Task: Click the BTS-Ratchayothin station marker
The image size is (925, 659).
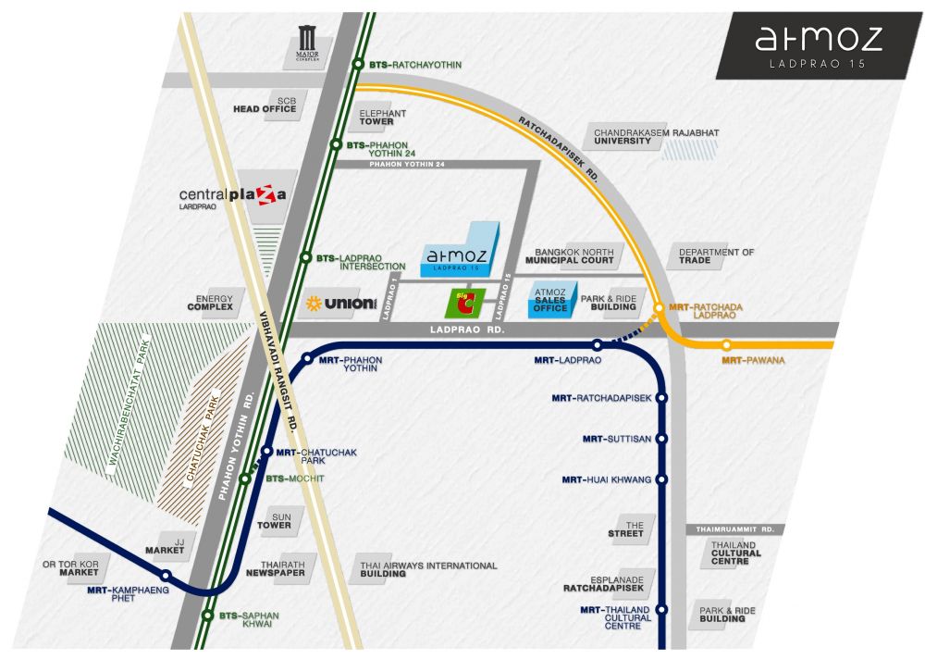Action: click(358, 64)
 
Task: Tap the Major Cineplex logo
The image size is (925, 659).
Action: click(307, 44)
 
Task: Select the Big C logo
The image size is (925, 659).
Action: click(465, 303)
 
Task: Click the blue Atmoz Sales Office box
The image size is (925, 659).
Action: click(551, 300)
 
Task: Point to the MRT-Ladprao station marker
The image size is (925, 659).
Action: click(598, 345)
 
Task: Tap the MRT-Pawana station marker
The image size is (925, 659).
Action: click(727, 345)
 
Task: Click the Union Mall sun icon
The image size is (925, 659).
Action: click(314, 304)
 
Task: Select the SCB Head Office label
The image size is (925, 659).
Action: click(265, 106)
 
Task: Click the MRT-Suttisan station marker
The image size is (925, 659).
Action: click(661, 439)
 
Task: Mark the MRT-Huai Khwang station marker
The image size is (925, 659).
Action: click(661, 479)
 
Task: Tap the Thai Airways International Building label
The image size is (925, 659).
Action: click(428, 569)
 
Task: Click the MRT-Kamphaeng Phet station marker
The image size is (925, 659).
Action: click(166, 576)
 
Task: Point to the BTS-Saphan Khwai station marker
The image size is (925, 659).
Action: click(207, 615)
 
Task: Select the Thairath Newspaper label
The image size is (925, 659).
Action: click(276, 568)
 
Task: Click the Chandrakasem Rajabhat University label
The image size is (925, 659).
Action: click(656, 137)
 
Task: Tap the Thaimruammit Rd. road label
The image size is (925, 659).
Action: click(734, 529)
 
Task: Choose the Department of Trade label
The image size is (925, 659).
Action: click(716, 256)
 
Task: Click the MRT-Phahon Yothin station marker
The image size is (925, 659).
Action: click(307, 358)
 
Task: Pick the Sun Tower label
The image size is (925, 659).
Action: click(275, 521)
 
